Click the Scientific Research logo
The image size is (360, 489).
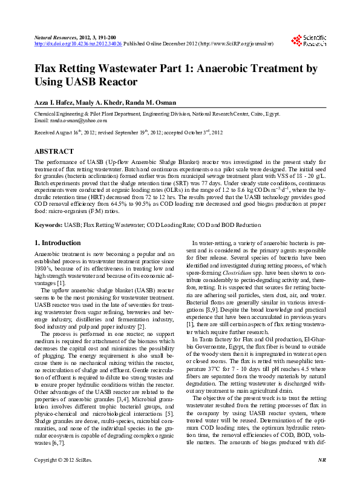(x=309, y=41)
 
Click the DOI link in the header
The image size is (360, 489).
(x=78, y=44)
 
